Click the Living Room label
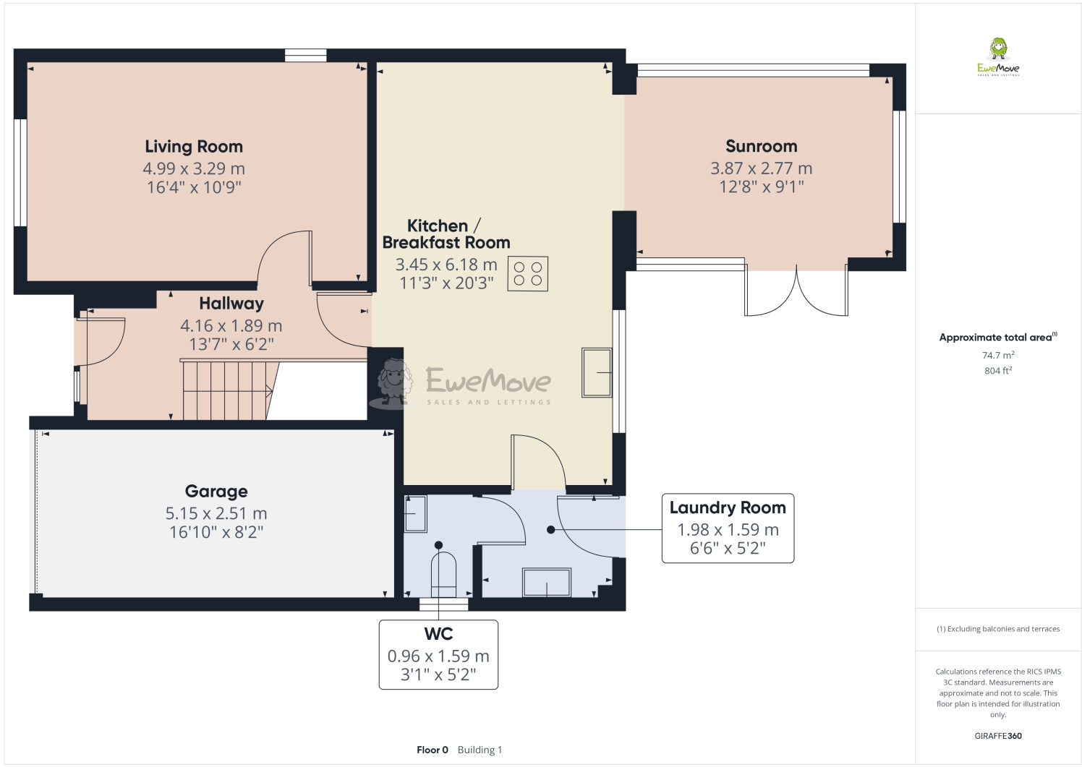point(194,147)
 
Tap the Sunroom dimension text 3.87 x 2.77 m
point(761,168)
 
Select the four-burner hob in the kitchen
point(527,274)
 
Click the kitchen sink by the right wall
point(597,372)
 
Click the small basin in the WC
point(415,513)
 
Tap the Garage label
point(216,492)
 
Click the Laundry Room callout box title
point(727,508)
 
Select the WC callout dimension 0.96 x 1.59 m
point(438,656)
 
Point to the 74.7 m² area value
point(997,355)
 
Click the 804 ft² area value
point(997,371)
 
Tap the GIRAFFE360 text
point(997,736)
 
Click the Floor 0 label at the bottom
point(433,750)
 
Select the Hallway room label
point(231,304)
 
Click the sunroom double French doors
point(796,292)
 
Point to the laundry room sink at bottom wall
point(547,582)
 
